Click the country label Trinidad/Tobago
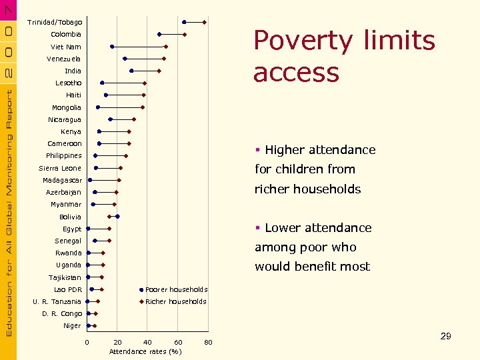(55, 22)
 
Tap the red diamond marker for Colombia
(185, 35)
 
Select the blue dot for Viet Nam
(112, 47)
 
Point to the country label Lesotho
(69, 83)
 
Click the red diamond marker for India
(159, 71)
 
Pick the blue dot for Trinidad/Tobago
(185, 22)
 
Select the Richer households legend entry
(175, 301)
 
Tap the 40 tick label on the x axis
(147, 343)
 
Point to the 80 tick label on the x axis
(208, 343)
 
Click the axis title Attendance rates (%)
(145, 351)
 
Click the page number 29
(445, 336)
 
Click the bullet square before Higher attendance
(257, 150)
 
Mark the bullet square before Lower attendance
(257, 228)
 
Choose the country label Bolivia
(70, 217)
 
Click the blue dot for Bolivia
(117, 217)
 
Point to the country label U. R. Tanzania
(57, 301)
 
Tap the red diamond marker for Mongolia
(143, 107)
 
